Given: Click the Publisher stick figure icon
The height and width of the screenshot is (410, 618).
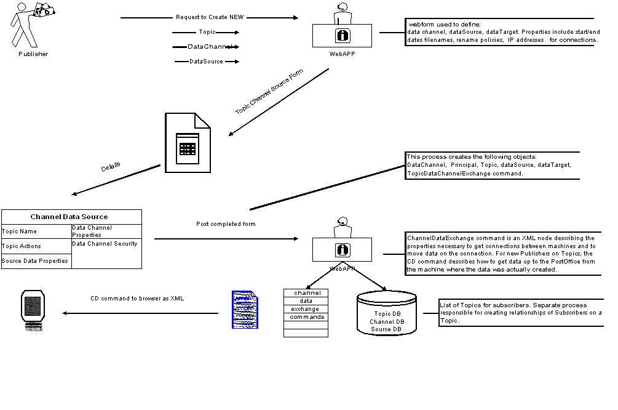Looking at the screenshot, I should pyautogui.click(x=31, y=25).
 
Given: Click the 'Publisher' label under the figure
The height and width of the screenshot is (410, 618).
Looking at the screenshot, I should pyautogui.click(x=33, y=54).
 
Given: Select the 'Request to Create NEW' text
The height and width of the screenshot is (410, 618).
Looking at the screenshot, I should pyautogui.click(x=210, y=17).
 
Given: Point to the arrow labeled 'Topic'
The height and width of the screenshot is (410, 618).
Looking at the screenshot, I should pyautogui.click(x=207, y=32).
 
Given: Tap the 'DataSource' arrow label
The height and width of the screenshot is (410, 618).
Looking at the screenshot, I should pyautogui.click(x=206, y=62).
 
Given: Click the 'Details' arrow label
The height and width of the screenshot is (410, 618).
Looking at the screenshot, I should pyautogui.click(x=111, y=167).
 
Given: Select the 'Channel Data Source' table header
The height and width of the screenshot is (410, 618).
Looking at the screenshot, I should pyautogui.click(x=69, y=217).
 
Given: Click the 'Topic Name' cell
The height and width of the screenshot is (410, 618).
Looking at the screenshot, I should pyautogui.click(x=20, y=231).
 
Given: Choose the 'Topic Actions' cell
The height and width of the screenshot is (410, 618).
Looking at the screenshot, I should pyautogui.click(x=22, y=246).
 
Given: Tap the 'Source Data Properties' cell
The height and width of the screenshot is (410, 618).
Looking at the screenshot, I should pyautogui.click(x=34, y=261).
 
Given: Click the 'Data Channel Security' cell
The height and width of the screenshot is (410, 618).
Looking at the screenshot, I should pyautogui.click(x=105, y=244).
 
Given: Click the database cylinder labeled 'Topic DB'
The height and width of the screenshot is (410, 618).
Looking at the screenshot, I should pyautogui.click(x=387, y=314).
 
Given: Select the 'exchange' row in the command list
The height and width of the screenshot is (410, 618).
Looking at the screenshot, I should pyautogui.click(x=306, y=309).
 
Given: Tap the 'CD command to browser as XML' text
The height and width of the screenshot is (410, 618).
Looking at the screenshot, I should pyautogui.click(x=138, y=299).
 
